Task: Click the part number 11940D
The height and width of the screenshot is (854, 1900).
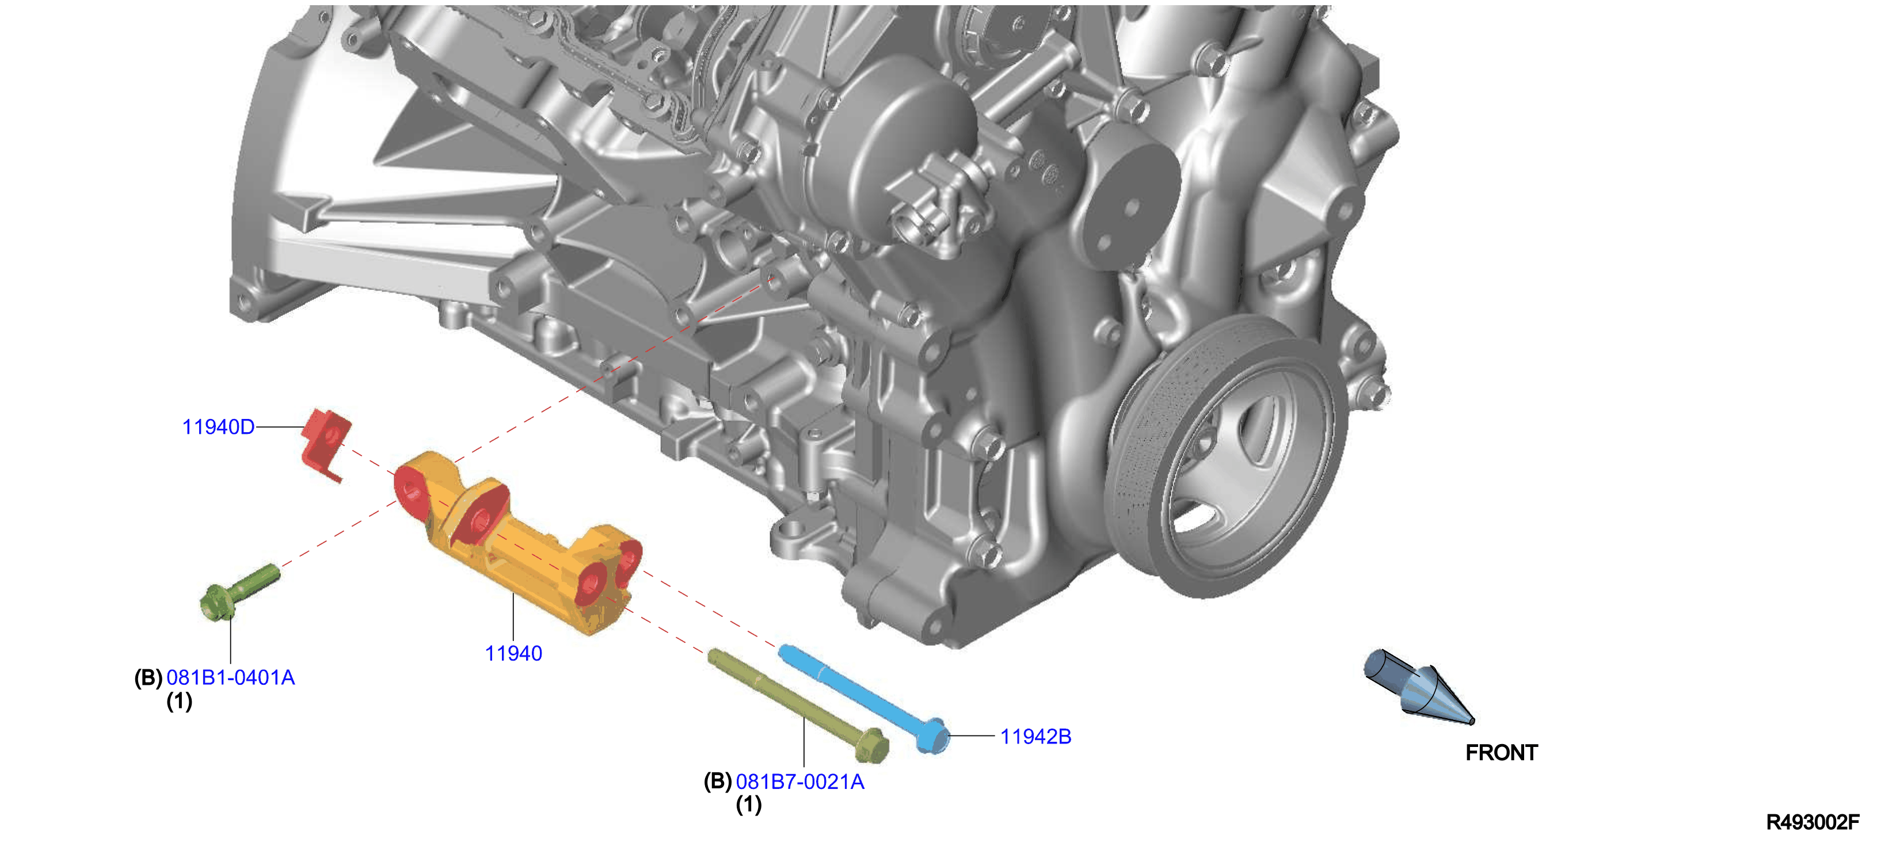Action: tap(218, 427)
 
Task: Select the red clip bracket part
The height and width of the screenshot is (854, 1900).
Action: tap(326, 443)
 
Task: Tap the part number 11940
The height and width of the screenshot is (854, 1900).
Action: tap(513, 653)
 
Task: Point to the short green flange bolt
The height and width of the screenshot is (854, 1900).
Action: tap(238, 593)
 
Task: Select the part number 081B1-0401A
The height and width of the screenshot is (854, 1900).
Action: tap(231, 678)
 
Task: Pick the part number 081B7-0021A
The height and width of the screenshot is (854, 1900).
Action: tap(800, 781)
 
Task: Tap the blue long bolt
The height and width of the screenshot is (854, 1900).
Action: tap(863, 697)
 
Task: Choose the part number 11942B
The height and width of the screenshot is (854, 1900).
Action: tap(1035, 737)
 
